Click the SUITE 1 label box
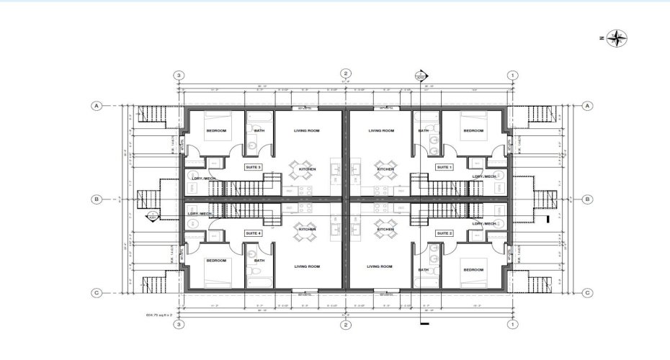[444, 167]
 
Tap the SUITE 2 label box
[444, 233]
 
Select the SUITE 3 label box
[253, 167]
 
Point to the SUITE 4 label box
[253, 233]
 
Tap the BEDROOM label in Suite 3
[216, 131]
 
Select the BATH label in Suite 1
[424, 131]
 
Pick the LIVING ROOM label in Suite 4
[307, 266]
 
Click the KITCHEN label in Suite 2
[386, 229]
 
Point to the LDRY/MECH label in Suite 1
[484, 176]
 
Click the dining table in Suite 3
[302, 170]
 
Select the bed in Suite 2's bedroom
[475, 272]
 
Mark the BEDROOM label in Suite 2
[473, 269]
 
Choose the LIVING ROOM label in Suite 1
[381, 131]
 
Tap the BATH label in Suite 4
[259, 261]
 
